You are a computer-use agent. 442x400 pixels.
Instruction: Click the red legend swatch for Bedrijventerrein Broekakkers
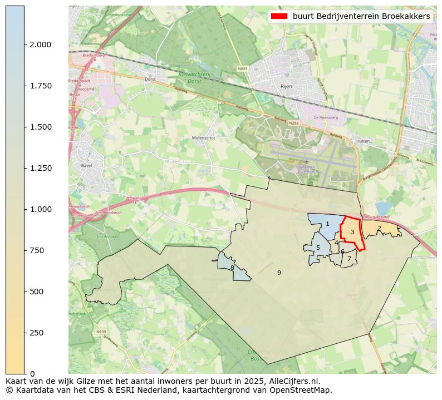pyautogui.click(x=280, y=16)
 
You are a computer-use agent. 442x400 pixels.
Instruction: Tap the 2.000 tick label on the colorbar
pyautogui.click(x=41, y=45)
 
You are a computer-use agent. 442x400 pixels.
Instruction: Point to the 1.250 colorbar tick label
pyautogui.click(x=41, y=168)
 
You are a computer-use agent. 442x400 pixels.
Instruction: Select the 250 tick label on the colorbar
pyautogui.click(x=37, y=333)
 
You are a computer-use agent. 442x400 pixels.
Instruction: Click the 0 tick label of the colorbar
pyautogui.click(x=32, y=374)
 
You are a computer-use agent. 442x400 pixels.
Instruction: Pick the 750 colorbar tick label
pyautogui.click(x=37, y=250)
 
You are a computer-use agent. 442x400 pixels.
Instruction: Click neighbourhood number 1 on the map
pyautogui.click(x=327, y=224)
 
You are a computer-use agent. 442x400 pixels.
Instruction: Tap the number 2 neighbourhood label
pyautogui.click(x=379, y=228)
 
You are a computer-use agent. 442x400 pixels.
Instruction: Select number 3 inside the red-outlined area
pyautogui.click(x=352, y=232)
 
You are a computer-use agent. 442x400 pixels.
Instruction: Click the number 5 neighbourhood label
pyautogui.click(x=318, y=248)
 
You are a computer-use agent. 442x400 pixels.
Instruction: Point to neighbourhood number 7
pyautogui.click(x=349, y=259)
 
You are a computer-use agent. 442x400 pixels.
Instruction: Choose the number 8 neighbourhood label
pyautogui.click(x=232, y=268)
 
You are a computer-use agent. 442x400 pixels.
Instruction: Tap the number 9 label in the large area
pyautogui.click(x=279, y=273)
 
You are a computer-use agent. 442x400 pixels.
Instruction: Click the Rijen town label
pyautogui.click(x=286, y=87)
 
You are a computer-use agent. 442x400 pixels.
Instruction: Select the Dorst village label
pyautogui.click(x=150, y=79)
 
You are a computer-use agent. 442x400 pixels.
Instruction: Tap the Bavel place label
pyautogui.click(x=86, y=166)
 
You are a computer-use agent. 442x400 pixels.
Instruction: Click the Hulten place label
pyautogui.click(x=363, y=141)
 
